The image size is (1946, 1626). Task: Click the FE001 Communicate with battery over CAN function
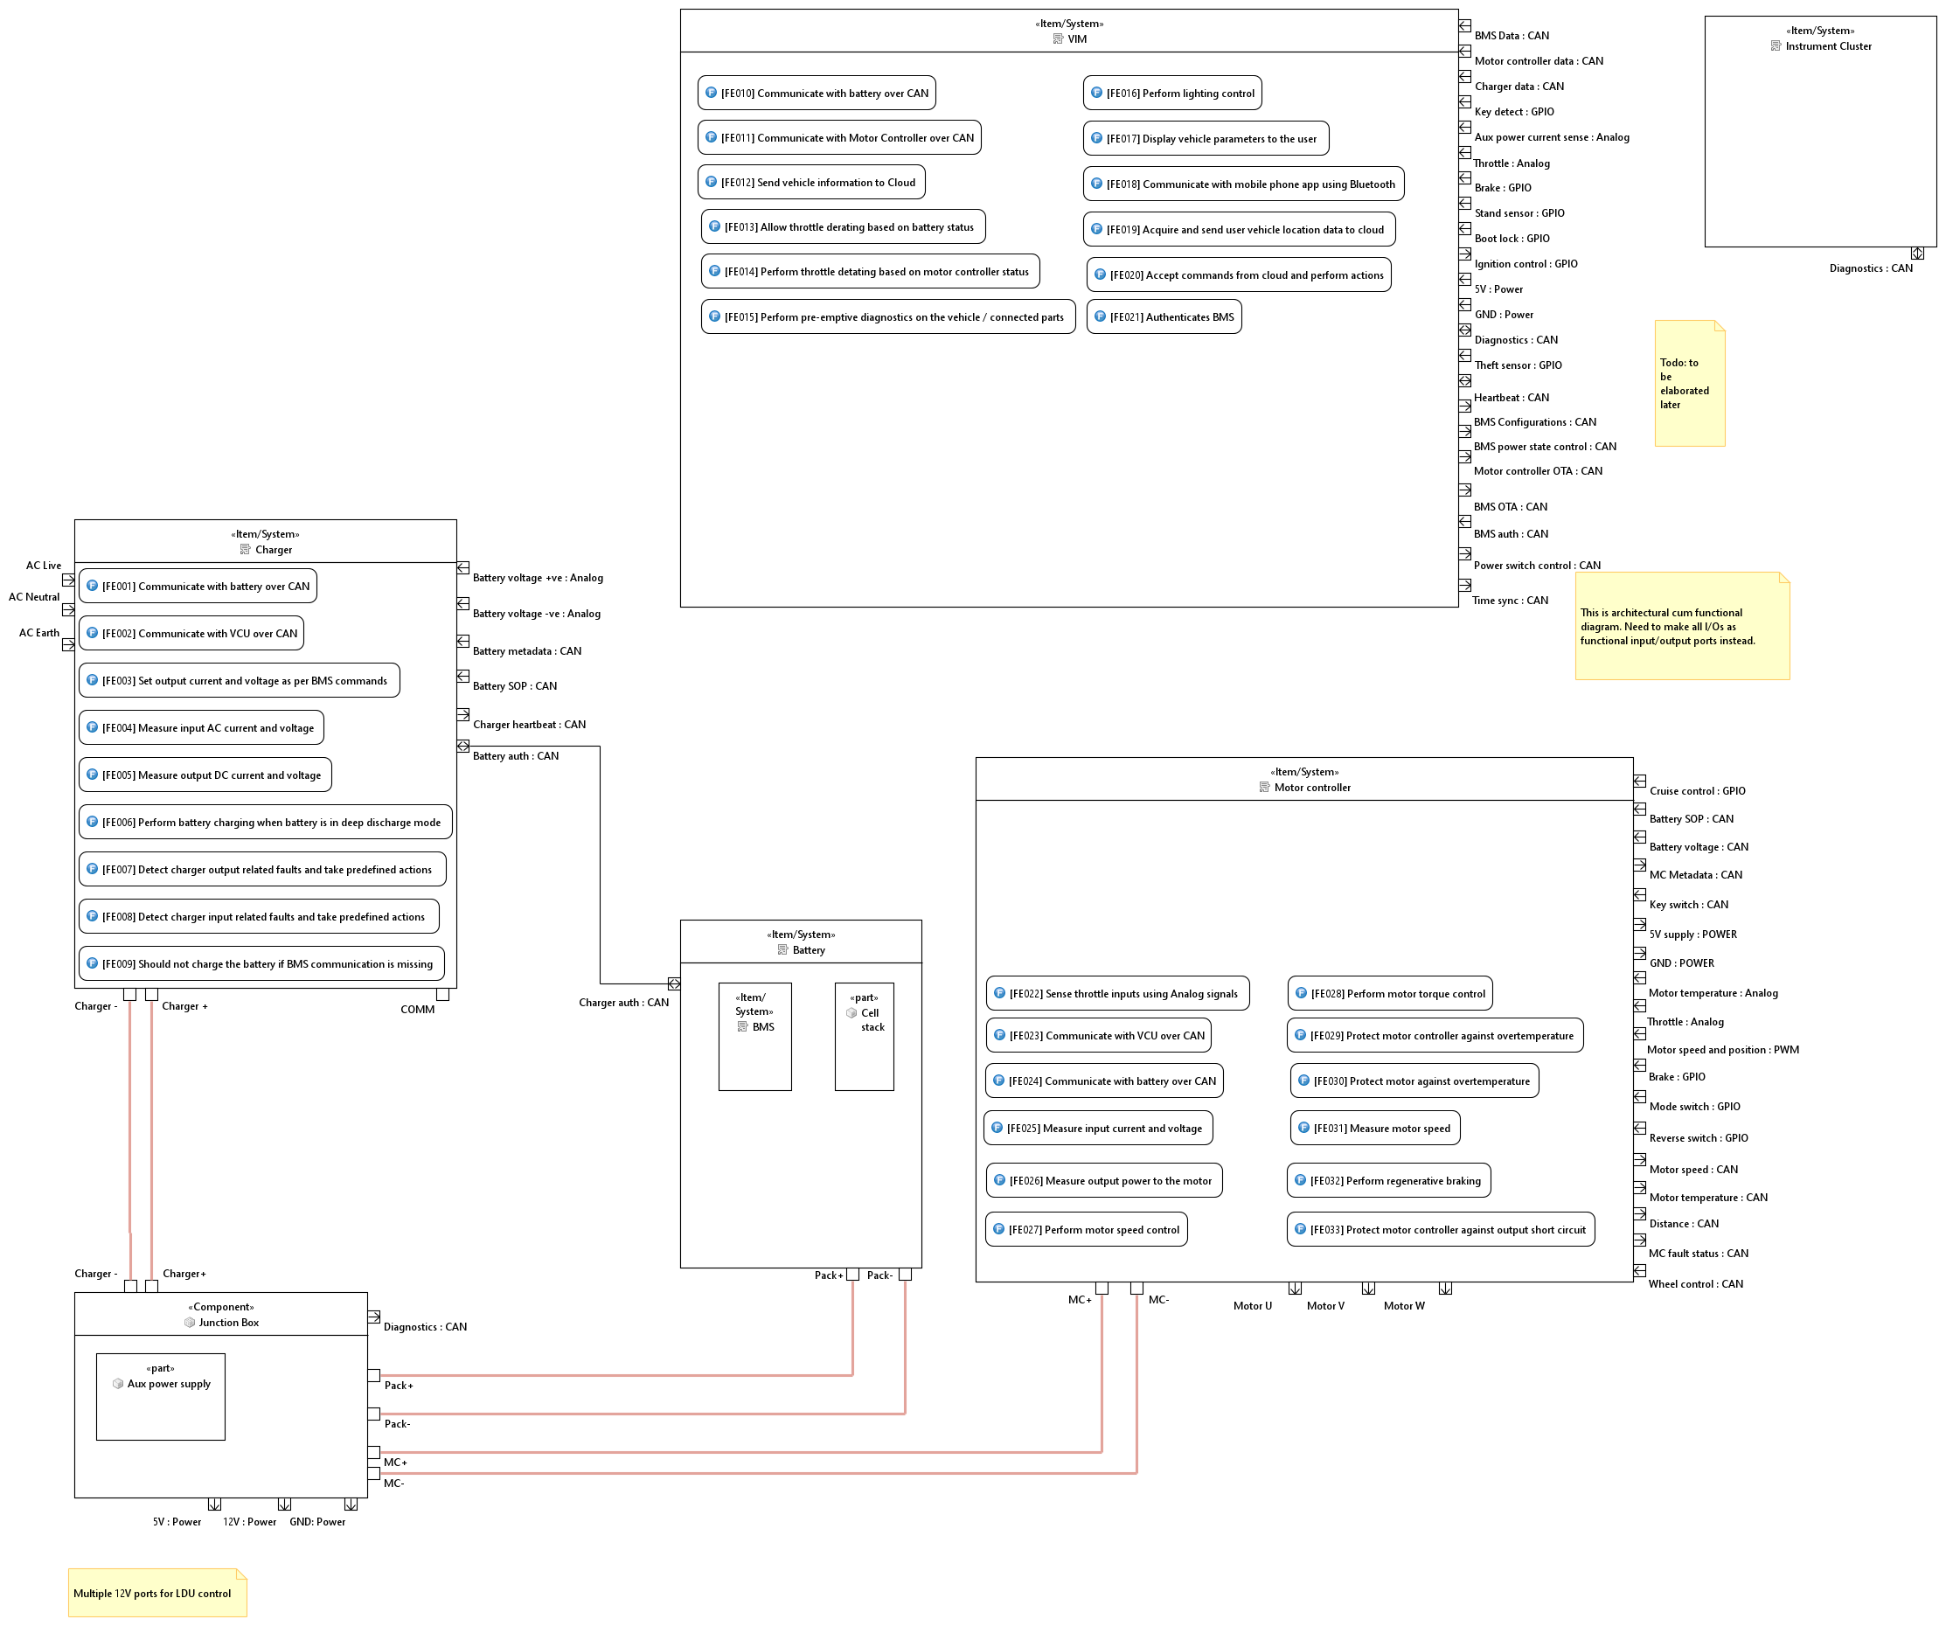click(x=198, y=587)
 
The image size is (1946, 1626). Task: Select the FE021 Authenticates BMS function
click(x=1164, y=316)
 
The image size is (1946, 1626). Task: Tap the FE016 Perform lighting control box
click(x=1172, y=93)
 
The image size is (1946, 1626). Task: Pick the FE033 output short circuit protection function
click(x=1440, y=1229)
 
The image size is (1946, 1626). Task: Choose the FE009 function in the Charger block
click(x=261, y=963)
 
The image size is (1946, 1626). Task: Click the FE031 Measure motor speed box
click(x=1374, y=1128)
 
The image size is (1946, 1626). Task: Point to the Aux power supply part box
click(x=160, y=1396)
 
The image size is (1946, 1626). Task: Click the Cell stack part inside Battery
click(x=864, y=1036)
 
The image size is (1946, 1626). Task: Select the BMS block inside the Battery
click(x=754, y=1036)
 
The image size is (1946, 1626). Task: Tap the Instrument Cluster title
click(x=1827, y=46)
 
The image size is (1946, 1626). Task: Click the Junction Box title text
click(x=228, y=1322)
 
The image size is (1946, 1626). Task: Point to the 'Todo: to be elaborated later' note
click(x=1689, y=384)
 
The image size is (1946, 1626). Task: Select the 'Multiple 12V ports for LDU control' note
click(x=156, y=1593)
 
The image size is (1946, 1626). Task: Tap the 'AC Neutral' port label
click(x=34, y=597)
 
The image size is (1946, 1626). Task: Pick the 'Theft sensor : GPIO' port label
click(x=1518, y=365)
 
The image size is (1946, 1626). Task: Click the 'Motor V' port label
click(x=1325, y=1305)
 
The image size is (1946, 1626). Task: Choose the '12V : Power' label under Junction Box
click(x=249, y=1521)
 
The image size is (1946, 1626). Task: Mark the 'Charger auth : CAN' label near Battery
click(x=623, y=1003)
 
